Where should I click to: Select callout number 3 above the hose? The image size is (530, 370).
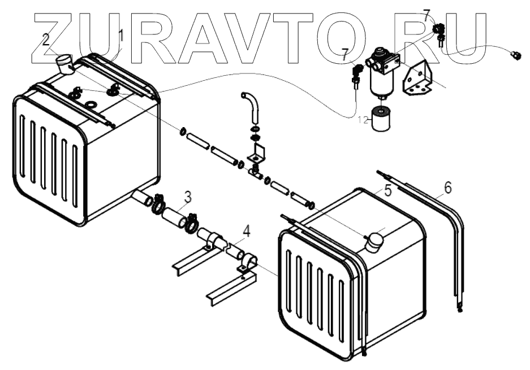(187, 197)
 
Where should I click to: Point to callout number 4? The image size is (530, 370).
(246, 230)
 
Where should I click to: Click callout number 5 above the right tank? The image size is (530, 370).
(387, 190)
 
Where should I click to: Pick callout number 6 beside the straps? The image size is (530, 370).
(447, 188)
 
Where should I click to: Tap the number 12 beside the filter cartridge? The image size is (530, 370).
(363, 119)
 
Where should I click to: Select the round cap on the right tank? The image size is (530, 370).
(374, 241)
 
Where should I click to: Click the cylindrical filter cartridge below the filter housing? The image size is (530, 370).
(382, 119)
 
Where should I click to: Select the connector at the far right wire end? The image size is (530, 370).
(514, 55)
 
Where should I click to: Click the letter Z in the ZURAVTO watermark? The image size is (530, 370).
(53, 37)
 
